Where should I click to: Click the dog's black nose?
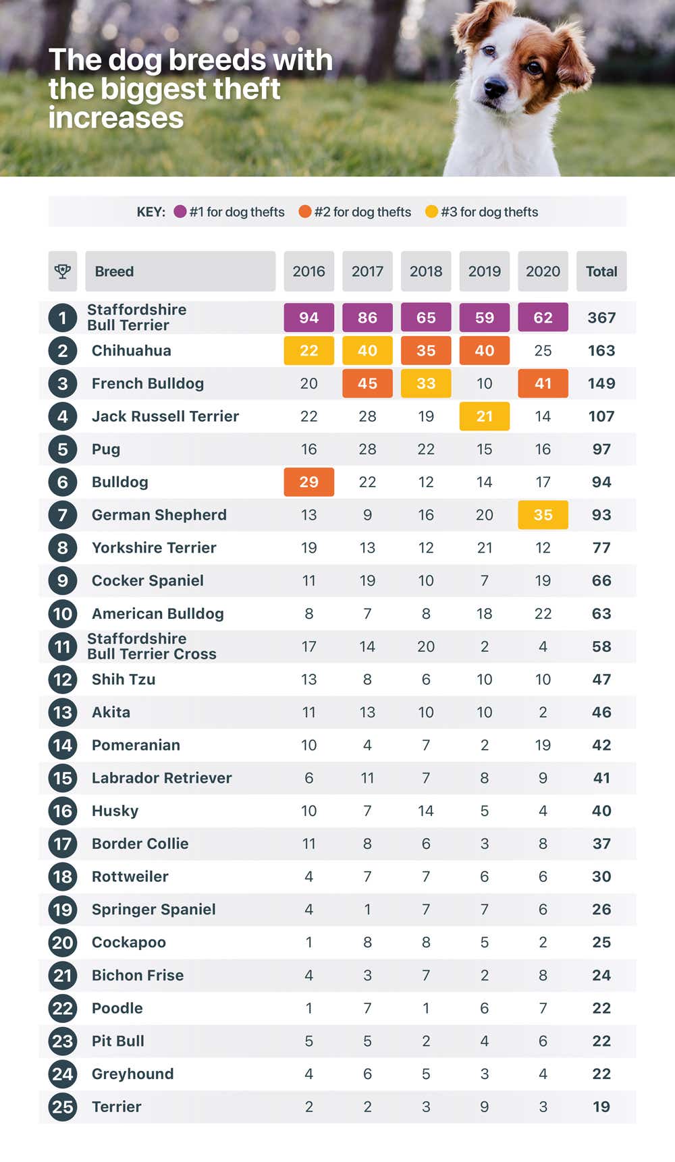pyautogui.click(x=495, y=87)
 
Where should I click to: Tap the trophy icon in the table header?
pyautogui.click(x=63, y=271)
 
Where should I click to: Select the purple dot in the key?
pyautogui.click(x=180, y=212)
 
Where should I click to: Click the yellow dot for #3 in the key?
pyautogui.click(x=431, y=212)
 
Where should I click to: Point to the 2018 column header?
pyautogui.click(x=426, y=271)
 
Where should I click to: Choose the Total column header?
pyautogui.click(x=601, y=271)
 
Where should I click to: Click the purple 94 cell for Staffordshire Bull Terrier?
pyautogui.click(x=308, y=318)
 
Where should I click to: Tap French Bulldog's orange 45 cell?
pyautogui.click(x=367, y=383)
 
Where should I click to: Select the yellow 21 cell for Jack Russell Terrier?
pyautogui.click(x=485, y=416)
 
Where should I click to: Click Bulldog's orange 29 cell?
pyautogui.click(x=308, y=482)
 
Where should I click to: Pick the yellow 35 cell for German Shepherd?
pyautogui.click(x=543, y=515)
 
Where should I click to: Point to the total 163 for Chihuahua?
pyautogui.click(x=601, y=351)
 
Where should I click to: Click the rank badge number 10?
pyautogui.click(x=63, y=613)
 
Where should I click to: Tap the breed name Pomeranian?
pyautogui.click(x=136, y=745)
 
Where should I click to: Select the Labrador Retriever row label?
pyautogui.click(x=161, y=778)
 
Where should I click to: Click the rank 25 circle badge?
pyautogui.click(x=63, y=1107)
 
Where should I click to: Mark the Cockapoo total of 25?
pyautogui.click(x=601, y=942)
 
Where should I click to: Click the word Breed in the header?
pyautogui.click(x=114, y=271)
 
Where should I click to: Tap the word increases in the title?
pyautogui.click(x=116, y=118)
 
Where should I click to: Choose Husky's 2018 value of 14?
pyautogui.click(x=426, y=810)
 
